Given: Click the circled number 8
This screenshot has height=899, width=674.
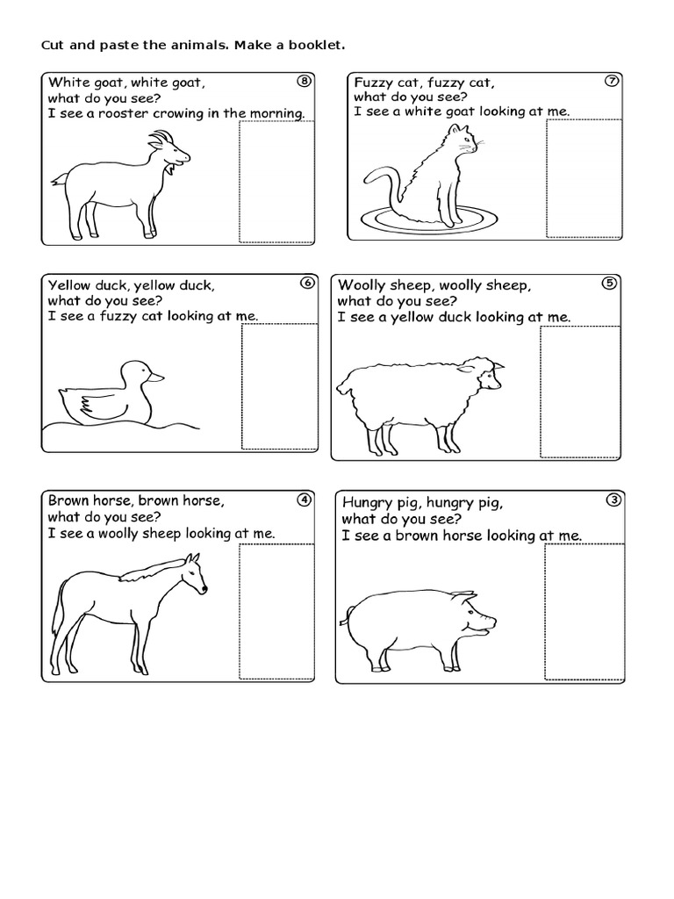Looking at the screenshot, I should (304, 82).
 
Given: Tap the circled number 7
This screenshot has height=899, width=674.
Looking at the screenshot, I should (613, 82).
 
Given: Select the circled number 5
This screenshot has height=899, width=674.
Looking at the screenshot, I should (610, 283).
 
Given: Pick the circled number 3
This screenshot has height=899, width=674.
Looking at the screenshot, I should (613, 500).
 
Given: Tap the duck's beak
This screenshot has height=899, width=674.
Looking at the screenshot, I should (155, 377).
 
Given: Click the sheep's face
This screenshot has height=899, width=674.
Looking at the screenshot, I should (490, 375).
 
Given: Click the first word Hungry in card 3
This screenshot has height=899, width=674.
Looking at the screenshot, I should (368, 503).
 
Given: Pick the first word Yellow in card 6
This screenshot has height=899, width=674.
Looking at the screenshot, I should (69, 285).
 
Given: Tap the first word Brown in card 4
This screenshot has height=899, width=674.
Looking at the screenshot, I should (68, 500).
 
